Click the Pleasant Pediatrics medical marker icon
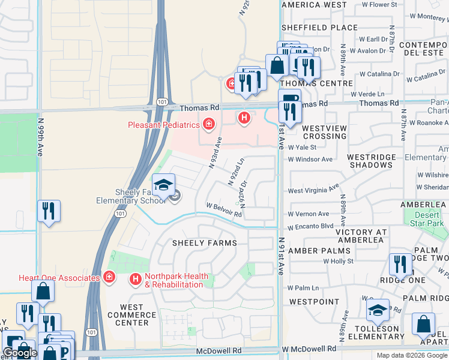(x=209, y=125)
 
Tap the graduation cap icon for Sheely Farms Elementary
(x=163, y=185)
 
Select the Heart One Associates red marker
(x=109, y=277)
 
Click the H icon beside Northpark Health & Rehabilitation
(x=136, y=279)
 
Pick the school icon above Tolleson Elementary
(x=378, y=310)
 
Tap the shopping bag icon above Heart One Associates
(x=43, y=292)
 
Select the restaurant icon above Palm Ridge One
(x=400, y=265)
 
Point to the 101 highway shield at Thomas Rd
(x=161, y=103)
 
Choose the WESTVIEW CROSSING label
(x=324, y=132)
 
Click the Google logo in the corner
(x=19, y=353)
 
